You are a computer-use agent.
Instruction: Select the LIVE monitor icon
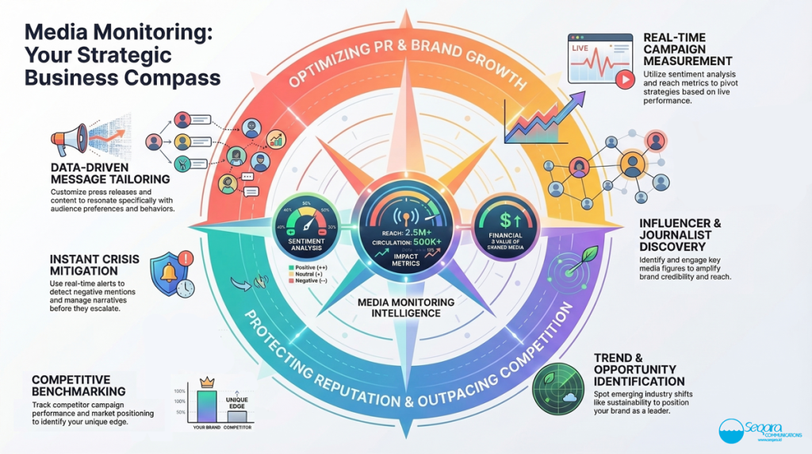600,60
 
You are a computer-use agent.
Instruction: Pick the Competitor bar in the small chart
237,416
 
